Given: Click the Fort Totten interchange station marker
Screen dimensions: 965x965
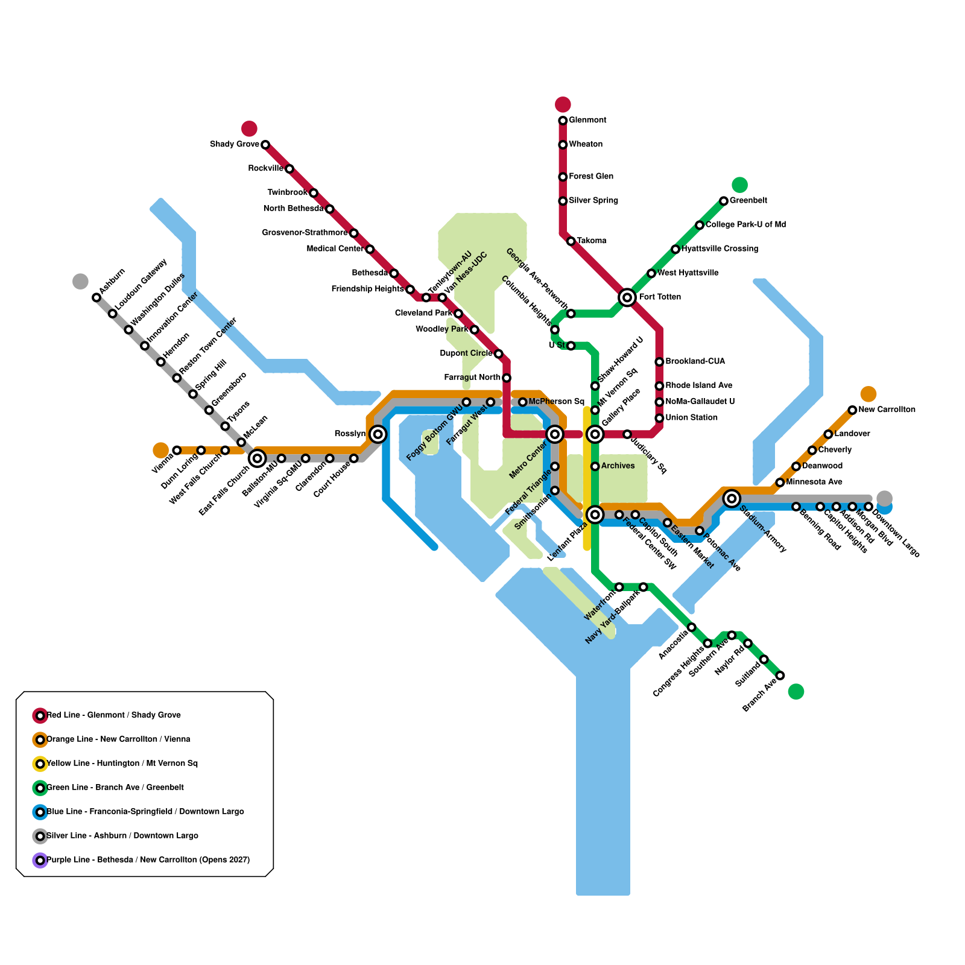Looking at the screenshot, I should [627, 297].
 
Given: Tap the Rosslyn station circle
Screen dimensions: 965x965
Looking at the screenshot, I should [378, 434].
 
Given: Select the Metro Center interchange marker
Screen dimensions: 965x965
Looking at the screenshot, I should [555, 434].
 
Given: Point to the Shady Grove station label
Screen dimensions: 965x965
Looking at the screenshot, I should [234, 144].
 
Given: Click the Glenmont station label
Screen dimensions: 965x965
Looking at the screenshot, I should [587, 120].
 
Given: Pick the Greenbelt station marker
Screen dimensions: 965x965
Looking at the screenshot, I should [724, 201].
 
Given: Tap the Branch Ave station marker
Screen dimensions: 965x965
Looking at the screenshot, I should [780, 675].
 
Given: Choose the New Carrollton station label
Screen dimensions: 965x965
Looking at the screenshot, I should [887, 410].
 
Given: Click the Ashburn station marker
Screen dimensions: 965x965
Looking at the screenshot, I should [96, 297].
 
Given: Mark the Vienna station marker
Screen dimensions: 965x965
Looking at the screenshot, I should [177, 451].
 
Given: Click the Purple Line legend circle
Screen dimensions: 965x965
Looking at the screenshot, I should [40, 860].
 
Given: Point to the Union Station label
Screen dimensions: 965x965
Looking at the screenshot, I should [691, 417].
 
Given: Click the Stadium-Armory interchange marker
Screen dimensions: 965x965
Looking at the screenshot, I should [732, 498].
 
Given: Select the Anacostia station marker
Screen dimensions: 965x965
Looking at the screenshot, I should [692, 627].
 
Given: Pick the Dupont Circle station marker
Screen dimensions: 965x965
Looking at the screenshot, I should [498, 353].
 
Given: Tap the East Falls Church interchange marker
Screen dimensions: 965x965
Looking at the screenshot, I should [257, 458].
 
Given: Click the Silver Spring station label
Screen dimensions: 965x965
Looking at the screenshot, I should [593, 200].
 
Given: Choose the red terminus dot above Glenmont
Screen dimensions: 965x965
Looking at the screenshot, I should [563, 104].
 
